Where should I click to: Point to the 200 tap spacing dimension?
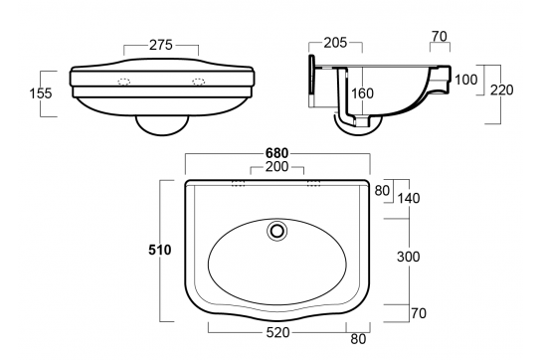click(277, 167)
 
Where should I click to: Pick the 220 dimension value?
click(504, 90)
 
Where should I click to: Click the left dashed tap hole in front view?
click(124, 81)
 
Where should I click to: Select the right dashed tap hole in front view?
click(199, 81)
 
